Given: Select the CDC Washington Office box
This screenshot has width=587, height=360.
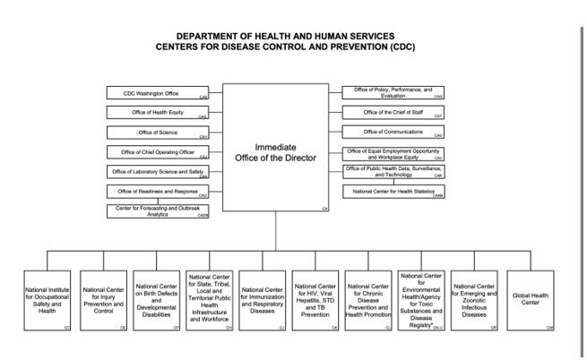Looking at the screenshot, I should (158, 92).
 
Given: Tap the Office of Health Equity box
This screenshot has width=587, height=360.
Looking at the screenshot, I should (158, 112).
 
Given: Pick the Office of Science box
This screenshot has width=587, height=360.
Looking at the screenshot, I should (158, 132).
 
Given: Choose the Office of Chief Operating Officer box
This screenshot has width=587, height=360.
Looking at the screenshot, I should (158, 151).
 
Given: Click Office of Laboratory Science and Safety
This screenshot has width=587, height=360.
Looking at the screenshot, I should (158, 171).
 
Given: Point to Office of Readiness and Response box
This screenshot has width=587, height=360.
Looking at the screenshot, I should (158, 191).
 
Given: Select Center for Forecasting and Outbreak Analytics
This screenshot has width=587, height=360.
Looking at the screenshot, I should (158, 211).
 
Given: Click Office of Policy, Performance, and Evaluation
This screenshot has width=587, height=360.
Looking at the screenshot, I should (395, 92).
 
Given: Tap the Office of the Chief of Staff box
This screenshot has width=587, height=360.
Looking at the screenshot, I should (395, 112).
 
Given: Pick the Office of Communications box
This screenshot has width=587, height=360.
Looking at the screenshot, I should (395, 132).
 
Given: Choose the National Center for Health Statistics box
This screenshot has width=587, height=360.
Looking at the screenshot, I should (395, 191).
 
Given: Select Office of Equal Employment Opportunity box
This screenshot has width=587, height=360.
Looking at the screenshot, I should (395, 151).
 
